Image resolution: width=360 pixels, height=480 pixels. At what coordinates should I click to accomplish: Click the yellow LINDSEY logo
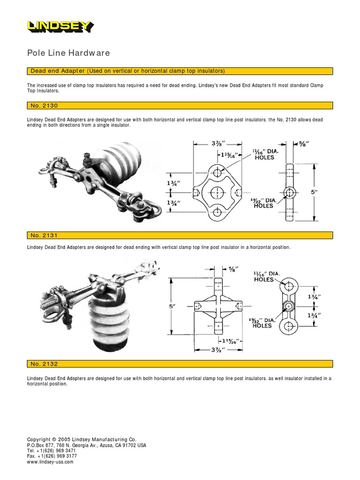pos(60,27)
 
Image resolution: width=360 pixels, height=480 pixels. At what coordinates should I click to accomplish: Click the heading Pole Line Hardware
pos(68,53)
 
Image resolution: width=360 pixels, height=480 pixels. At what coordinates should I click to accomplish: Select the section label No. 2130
pos(44,106)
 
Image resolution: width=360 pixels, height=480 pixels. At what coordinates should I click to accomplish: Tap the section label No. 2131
pos(44,235)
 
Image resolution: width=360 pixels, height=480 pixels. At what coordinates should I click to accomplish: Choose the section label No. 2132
pos(44,364)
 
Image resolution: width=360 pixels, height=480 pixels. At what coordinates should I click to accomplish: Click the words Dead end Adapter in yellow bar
pos(57,71)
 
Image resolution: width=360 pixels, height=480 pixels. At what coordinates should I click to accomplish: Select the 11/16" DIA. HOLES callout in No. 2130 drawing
pos(266,154)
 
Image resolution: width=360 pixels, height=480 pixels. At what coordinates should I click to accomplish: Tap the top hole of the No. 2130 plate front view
pos(218,173)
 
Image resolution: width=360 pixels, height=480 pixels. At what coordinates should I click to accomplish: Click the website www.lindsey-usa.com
pos(50,462)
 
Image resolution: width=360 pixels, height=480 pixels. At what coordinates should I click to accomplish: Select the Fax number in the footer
pos(52,456)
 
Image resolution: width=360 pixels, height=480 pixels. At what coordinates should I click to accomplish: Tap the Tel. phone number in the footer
pos(51,450)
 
